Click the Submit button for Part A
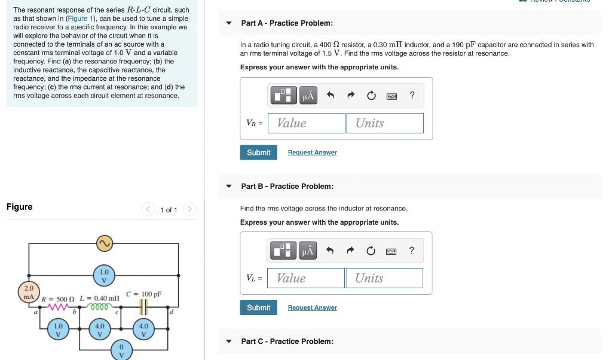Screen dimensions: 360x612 click(258, 152)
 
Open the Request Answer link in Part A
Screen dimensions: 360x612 click(312, 152)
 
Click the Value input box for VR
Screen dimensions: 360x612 click(307, 123)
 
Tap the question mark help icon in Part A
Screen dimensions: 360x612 click(412, 96)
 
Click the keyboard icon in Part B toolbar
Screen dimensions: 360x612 click(392, 251)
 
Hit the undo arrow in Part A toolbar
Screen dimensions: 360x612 click(330, 96)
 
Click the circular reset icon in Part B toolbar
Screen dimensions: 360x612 click(371, 251)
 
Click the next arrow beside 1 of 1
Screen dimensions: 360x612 click(189, 209)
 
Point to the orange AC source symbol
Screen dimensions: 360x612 click(105, 243)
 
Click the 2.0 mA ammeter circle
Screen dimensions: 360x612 click(28, 292)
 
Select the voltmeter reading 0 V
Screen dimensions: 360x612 click(121, 350)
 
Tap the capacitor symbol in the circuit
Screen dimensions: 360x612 click(143, 307)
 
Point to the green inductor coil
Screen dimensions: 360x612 click(99, 307)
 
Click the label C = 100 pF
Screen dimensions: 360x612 click(143, 294)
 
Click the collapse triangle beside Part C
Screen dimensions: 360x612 click(228, 341)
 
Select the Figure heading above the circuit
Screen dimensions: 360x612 click(20, 207)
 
